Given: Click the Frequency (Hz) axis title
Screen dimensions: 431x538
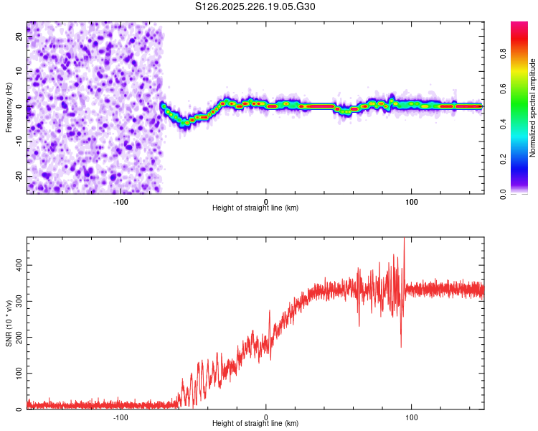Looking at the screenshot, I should [x=9, y=107].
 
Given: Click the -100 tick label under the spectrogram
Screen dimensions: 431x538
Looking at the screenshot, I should [x=120, y=200].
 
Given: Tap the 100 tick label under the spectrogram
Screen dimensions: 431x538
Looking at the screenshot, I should [x=412, y=200].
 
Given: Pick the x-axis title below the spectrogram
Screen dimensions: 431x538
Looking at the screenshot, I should [x=255, y=208].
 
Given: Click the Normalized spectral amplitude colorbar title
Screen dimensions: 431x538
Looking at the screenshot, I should [x=533, y=108].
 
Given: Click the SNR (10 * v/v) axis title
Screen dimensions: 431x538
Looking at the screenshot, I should [x=9, y=324].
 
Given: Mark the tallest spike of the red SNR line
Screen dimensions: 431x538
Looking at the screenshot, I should [x=404, y=240].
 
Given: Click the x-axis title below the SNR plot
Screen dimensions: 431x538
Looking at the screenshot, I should [x=255, y=424].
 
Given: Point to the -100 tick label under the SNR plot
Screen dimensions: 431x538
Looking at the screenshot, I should [x=120, y=417].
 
